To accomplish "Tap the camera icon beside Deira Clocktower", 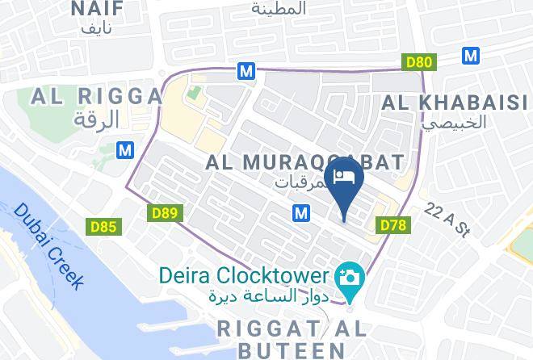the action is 351,277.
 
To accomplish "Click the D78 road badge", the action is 392,224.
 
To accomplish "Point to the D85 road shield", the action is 103,227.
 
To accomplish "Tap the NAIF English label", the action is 97,10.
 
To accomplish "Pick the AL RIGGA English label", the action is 96,97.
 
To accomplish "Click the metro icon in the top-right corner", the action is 471,55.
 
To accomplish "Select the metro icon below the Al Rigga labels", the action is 124,149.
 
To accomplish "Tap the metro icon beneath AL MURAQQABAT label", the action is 301,212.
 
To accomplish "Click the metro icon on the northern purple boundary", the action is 246,71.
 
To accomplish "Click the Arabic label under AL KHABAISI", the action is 455,123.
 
